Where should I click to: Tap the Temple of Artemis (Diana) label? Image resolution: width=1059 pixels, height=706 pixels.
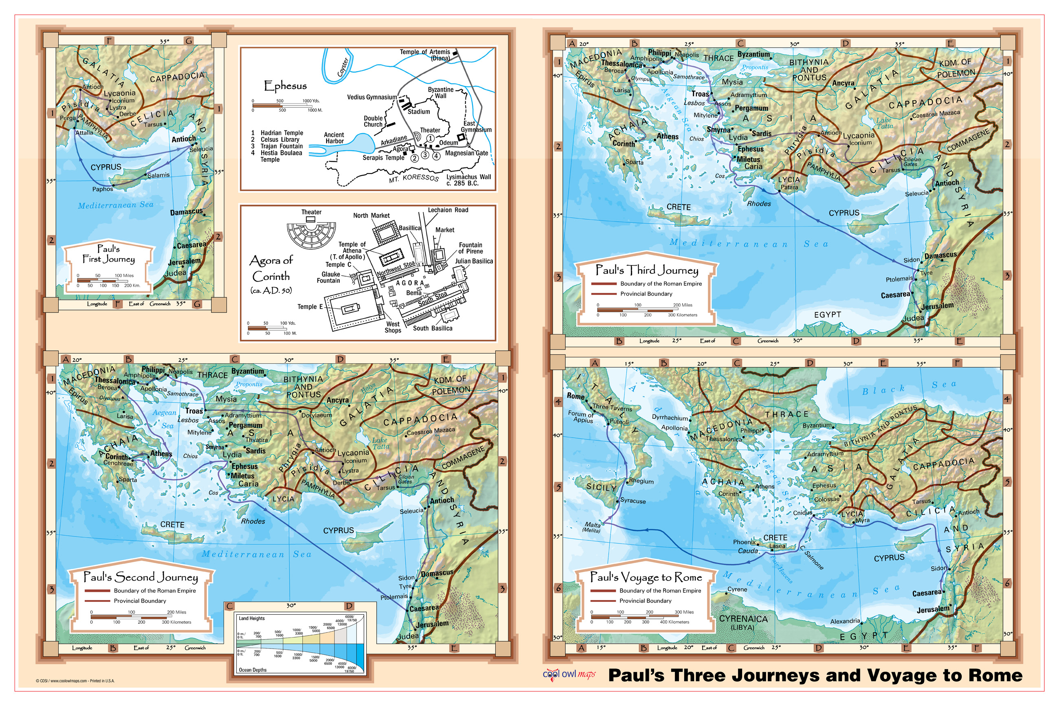(425, 55)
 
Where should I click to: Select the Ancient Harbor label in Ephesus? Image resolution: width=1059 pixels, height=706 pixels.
(334, 138)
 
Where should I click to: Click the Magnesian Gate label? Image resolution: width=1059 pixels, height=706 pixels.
(466, 153)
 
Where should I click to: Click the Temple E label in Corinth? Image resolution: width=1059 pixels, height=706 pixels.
(310, 307)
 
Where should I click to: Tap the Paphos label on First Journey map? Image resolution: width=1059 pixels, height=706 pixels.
(103, 189)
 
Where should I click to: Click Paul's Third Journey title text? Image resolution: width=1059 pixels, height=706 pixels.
(646, 270)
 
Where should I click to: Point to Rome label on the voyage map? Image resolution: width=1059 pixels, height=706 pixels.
(575, 396)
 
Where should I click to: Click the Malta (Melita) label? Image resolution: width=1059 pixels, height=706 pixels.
(592, 527)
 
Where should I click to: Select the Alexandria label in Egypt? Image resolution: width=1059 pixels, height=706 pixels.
(845, 621)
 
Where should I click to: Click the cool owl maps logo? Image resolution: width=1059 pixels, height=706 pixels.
(569, 675)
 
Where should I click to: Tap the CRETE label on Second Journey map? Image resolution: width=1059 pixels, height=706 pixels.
(172, 525)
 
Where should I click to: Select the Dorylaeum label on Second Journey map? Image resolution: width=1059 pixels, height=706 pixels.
(316, 415)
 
